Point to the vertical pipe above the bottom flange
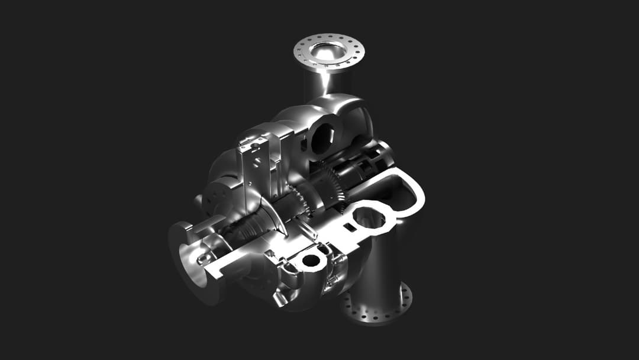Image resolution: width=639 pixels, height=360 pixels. click(379, 266)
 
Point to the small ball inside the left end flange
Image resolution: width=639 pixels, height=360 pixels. click(202, 259)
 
